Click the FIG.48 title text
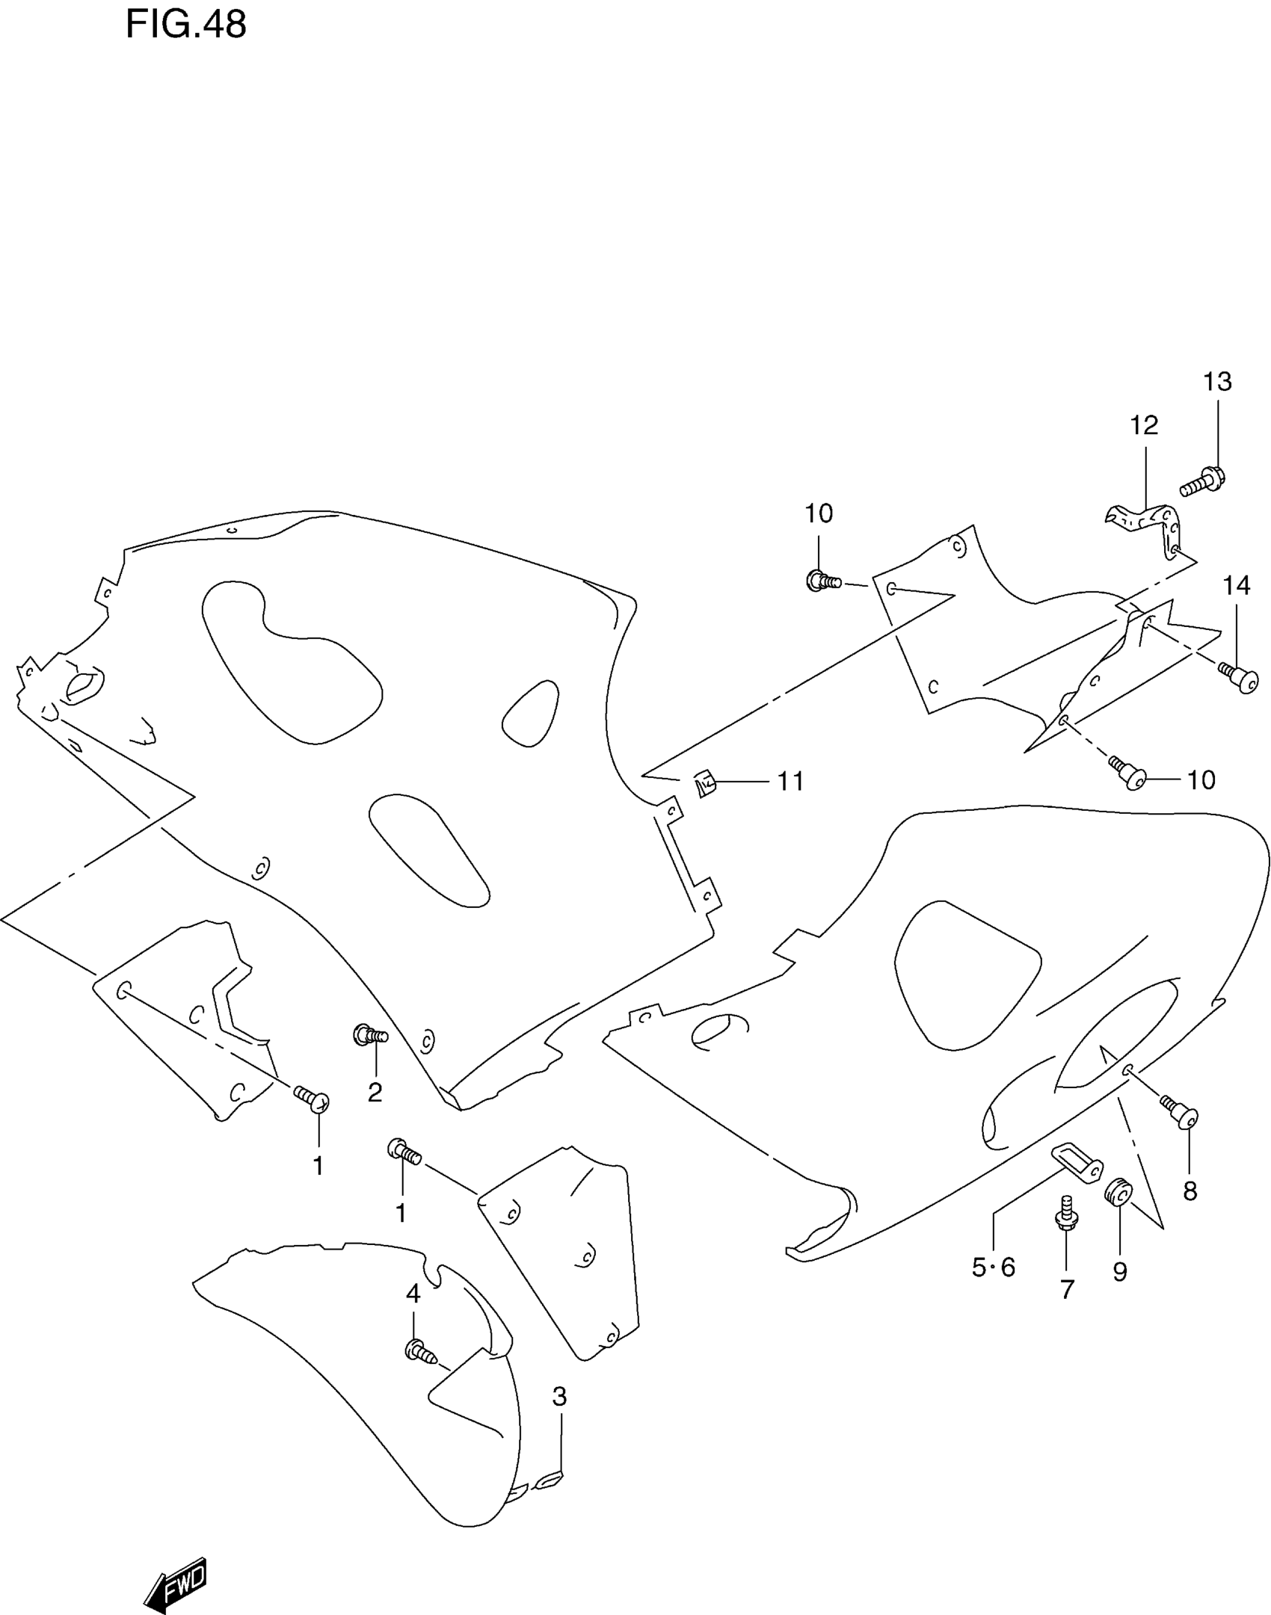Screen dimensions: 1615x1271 point(185,25)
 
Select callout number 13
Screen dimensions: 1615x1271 point(1217,382)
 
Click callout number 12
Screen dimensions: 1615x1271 point(1144,425)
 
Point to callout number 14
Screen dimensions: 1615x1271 point(1237,585)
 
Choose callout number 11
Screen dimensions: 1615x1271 point(791,781)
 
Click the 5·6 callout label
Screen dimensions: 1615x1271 point(994,1267)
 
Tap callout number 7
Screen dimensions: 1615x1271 point(1067,1288)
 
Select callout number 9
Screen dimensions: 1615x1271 point(1119,1271)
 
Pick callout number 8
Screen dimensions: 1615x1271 point(1190,1191)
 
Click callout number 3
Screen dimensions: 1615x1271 point(560,1396)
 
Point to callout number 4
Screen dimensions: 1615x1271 point(413,1293)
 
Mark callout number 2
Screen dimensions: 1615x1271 point(375,1092)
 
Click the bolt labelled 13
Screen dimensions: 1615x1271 point(1203,481)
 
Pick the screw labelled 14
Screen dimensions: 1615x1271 point(1240,676)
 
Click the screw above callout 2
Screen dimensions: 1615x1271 point(369,1035)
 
